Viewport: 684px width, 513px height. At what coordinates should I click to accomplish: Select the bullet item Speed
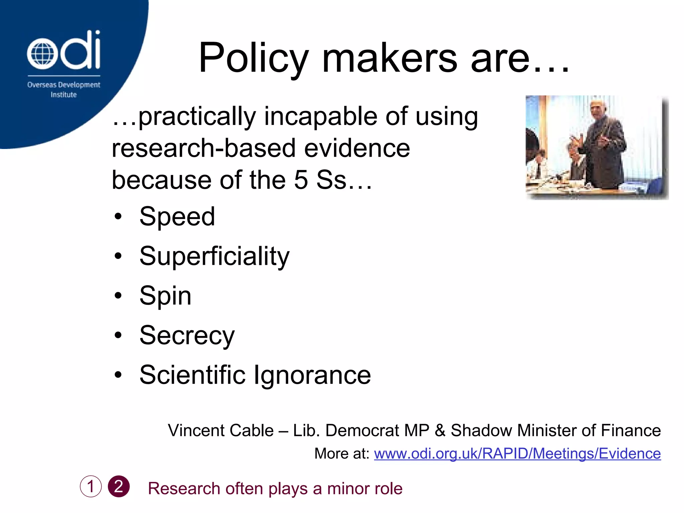pos(177,216)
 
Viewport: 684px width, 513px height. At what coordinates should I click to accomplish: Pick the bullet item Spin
pos(165,296)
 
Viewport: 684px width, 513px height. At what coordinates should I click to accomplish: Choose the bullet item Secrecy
pos(187,335)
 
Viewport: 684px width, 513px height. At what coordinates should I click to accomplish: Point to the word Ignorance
pos(312,375)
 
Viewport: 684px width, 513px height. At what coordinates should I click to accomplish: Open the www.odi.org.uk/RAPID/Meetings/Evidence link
pos(517,454)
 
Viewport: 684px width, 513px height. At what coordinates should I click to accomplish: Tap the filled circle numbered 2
pos(119,486)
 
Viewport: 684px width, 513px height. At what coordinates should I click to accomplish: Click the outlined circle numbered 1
pos(91,486)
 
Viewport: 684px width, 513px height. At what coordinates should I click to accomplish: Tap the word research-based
pos(204,148)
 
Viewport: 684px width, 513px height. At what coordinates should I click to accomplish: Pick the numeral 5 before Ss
pos(301,180)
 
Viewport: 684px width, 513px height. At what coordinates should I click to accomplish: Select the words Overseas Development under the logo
pos(63,85)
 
